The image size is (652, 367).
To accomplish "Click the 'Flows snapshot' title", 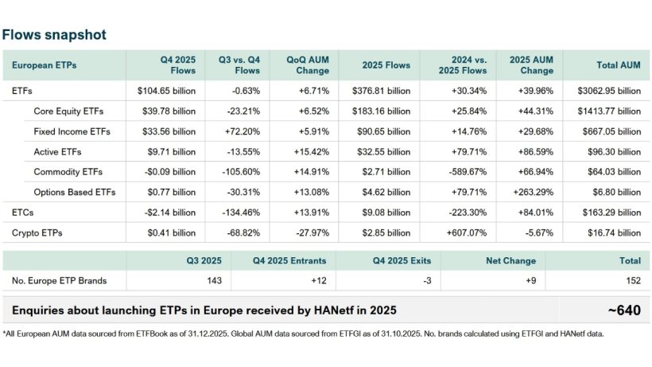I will click(54, 35).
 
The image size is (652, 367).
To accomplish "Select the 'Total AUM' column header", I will click(618, 64).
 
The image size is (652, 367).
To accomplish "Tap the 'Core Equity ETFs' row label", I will click(68, 111).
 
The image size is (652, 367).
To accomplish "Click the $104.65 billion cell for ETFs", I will click(165, 90).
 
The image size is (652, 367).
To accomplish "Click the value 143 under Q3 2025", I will click(215, 280).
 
